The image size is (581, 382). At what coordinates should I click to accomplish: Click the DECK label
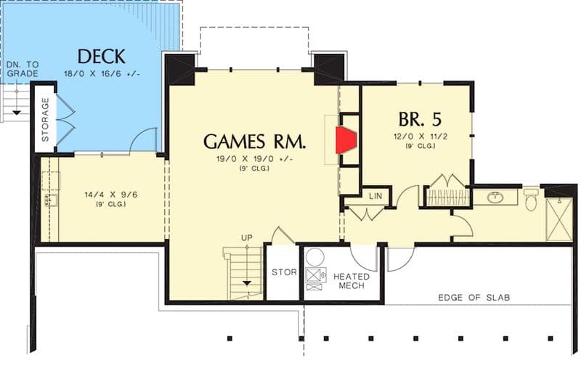click(102, 57)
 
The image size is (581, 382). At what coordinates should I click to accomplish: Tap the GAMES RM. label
click(255, 142)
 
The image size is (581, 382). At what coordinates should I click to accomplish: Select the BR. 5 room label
click(420, 119)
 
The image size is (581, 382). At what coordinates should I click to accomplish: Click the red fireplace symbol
click(346, 140)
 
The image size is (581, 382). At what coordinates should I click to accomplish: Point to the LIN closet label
click(375, 195)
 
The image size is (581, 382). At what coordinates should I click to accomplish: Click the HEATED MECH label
click(352, 281)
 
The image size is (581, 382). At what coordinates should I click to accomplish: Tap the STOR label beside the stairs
click(284, 272)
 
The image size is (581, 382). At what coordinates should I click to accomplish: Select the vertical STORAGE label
click(45, 119)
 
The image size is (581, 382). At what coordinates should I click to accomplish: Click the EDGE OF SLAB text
click(474, 298)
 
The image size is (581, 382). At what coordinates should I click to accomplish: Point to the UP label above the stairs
click(247, 238)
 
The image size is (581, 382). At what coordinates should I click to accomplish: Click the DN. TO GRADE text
click(23, 69)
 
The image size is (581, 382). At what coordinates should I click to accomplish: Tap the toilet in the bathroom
click(531, 200)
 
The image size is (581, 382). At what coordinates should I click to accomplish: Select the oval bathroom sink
click(495, 198)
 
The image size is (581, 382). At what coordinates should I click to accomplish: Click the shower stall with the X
click(559, 220)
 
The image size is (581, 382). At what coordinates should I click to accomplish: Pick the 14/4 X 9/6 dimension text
click(111, 195)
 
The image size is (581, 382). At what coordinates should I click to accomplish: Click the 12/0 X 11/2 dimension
click(420, 137)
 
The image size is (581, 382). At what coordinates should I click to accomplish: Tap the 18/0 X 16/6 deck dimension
click(102, 73)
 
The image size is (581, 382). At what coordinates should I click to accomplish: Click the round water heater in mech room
click(315, 257)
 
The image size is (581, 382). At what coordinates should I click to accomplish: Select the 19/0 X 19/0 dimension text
click(255, 159)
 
